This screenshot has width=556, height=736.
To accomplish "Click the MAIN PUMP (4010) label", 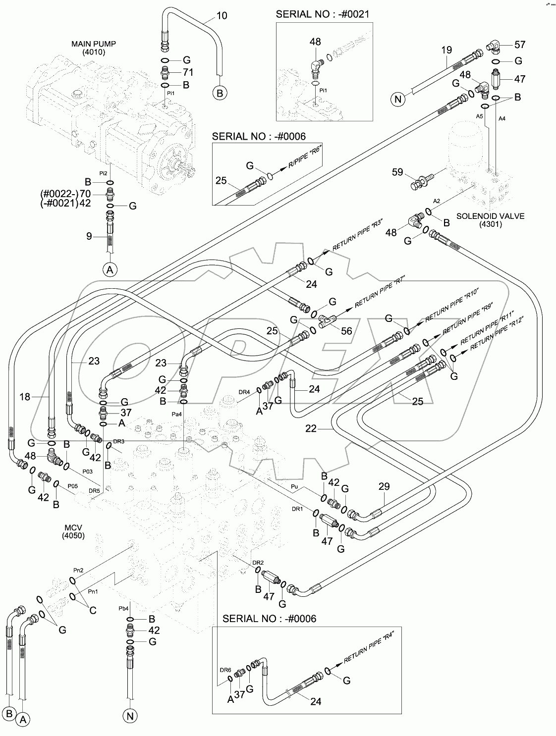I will tap(94, 48).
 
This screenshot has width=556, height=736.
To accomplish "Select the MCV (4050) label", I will tap(73, 531).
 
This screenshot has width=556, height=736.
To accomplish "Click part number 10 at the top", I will tap(222, 16).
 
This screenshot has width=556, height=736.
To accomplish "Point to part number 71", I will tap(188, 72).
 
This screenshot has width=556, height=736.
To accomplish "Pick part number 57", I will tap(519, 45).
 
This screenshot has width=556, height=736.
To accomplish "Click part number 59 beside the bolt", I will tap(397, 173).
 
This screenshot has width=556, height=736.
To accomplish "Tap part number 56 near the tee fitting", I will tap(346, 330).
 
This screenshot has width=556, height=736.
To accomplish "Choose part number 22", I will tap(311, 428).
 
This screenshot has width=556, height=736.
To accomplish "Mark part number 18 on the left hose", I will tap(25, 396).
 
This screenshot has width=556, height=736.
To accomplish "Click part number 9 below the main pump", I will tap(89, 236).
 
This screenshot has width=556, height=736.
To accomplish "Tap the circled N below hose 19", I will tap(397, 100).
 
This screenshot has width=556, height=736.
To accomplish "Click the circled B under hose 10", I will tap(220, 92).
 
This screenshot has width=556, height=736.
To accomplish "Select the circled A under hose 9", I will tap(110, 269).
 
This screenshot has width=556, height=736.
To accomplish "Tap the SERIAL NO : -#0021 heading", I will tap(322, 14).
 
